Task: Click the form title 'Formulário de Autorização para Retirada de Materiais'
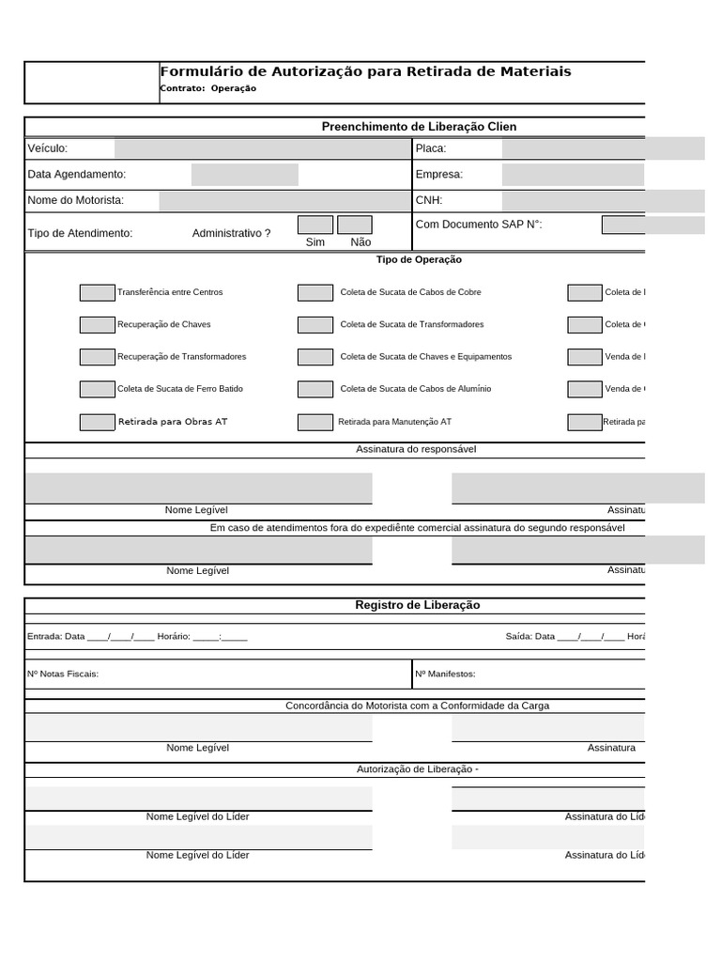[365, 72]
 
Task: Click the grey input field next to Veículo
[261, 148]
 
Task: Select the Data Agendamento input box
[245, 175]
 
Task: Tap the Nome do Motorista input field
[283, 200]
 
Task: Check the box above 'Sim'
[315, 225]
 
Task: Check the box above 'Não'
[355, 225]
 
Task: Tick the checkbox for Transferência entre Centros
[97, 292]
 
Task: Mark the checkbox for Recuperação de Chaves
[97, 325]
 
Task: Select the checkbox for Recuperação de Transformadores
[97, 357]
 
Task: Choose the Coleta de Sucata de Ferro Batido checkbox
[97, 389]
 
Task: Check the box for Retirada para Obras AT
[97, 422]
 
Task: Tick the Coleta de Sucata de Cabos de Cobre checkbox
[315, 292]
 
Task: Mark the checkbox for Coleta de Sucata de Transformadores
[315, 325]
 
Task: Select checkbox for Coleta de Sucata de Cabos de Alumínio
[315, 389]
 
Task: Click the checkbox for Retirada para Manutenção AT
[315, 422]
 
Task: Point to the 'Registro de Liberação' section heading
[417, 605]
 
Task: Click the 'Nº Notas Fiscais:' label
[63, 674]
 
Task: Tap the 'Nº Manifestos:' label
[445, 674]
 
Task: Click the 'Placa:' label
[430, 148]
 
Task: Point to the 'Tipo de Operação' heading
[419, 259]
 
